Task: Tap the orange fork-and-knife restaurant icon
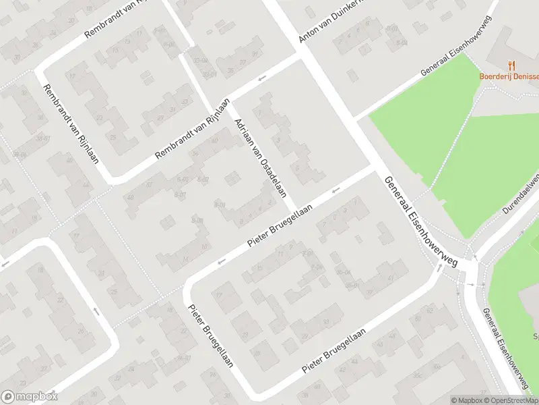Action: [x=512, y=65]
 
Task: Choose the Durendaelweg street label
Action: [x=522, y=194]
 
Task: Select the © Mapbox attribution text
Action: [x=468, y=400]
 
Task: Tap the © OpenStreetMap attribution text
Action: [x=511, y=400]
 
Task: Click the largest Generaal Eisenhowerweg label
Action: [x=420, y=221]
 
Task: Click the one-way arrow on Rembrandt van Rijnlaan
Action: [x=262, y=77]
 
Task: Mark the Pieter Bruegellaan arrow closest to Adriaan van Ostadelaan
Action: [x=335, y=190]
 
